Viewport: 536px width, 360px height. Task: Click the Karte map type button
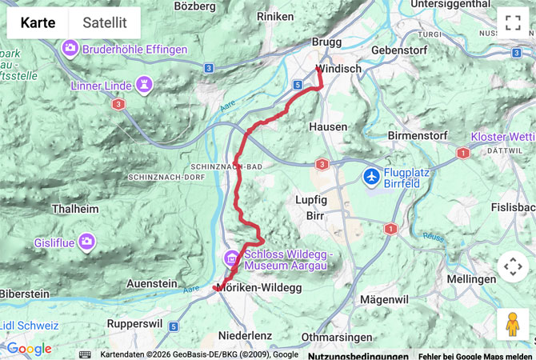(38, 23)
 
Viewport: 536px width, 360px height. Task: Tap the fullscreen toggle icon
(512, 23)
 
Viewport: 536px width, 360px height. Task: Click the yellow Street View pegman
(512, 324)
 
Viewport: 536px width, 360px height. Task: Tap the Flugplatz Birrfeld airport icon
(371, 175)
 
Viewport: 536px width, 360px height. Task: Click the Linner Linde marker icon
(144, 85)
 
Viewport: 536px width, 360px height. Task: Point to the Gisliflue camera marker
(86, 241)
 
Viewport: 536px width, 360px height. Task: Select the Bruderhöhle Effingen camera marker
(70, 50)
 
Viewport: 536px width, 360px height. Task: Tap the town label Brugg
(327, 42)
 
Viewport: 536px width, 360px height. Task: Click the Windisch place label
(338, 70)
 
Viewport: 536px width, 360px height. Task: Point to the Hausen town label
(328, 126)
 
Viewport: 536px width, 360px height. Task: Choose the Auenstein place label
(151, 283)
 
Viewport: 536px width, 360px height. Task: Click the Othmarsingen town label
(338, 337)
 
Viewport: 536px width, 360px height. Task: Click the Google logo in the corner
(29, 349)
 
